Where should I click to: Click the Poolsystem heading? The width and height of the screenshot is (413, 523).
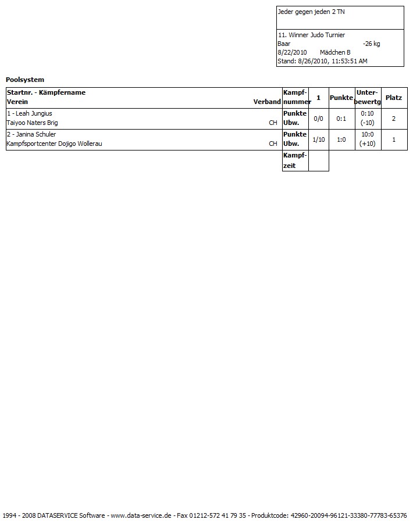point(25,80)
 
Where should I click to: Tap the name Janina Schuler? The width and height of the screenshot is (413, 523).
point(34,134)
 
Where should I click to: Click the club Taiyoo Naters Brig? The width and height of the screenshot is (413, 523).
point(32,123)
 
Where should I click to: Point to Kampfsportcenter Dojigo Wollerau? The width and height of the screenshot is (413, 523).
point(54,144)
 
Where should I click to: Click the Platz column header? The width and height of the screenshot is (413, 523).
point(394,98)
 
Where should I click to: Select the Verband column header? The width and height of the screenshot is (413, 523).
point(267,102)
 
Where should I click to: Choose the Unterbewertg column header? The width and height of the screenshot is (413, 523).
point(368,97)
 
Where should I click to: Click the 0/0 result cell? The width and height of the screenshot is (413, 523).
point(318,119)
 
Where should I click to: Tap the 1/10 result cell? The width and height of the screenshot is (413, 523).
point(318,139)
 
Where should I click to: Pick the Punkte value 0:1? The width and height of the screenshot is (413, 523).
point(341,119)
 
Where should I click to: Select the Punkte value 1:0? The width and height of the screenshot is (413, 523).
point(341,139)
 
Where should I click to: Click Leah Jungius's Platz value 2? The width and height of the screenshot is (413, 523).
point(394,119)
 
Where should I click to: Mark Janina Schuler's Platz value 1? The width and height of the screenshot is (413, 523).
point(394,139)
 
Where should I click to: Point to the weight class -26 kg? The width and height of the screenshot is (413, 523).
point(371,44)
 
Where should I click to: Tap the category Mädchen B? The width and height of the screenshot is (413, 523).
point(335,52)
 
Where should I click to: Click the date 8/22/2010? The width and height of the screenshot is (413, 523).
point(292,52)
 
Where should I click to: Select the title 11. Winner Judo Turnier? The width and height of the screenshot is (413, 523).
point(311,35)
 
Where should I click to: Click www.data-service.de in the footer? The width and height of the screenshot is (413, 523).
point(141,515)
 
